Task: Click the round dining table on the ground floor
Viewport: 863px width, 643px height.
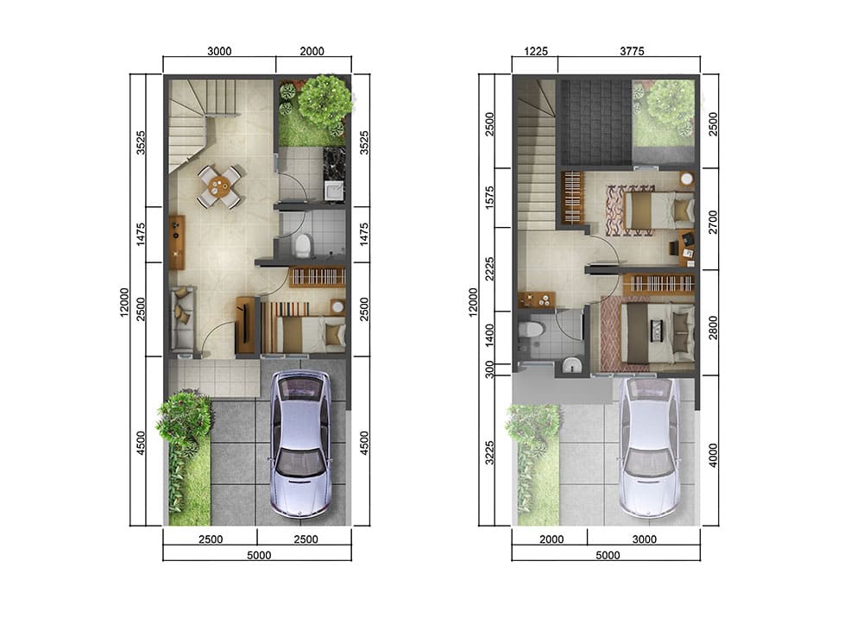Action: [220, 188]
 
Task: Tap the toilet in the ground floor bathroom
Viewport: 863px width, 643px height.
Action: [303, 245]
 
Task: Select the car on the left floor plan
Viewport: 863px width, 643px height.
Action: [299, 444]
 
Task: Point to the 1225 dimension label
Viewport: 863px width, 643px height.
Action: [536, 51]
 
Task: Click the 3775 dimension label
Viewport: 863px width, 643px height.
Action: [632, 51]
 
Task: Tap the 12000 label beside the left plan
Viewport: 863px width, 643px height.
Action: [124, 302]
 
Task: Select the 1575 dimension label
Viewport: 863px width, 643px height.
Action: [490, 198]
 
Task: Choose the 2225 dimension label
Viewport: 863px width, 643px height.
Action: [490, 268]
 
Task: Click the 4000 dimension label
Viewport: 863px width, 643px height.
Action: [714, 455]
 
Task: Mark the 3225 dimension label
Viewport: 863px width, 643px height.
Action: [490, 452]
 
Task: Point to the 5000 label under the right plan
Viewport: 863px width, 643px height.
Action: [608, 556]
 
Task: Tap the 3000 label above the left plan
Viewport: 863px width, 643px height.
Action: [219, 51]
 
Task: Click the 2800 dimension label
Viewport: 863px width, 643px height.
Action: [714, 327]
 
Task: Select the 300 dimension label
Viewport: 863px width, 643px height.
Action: [490, 370]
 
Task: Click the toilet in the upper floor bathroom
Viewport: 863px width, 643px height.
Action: [531, 330]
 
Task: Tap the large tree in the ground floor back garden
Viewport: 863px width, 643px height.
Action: [324, 100]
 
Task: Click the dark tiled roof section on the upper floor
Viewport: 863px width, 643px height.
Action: [595, 123]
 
